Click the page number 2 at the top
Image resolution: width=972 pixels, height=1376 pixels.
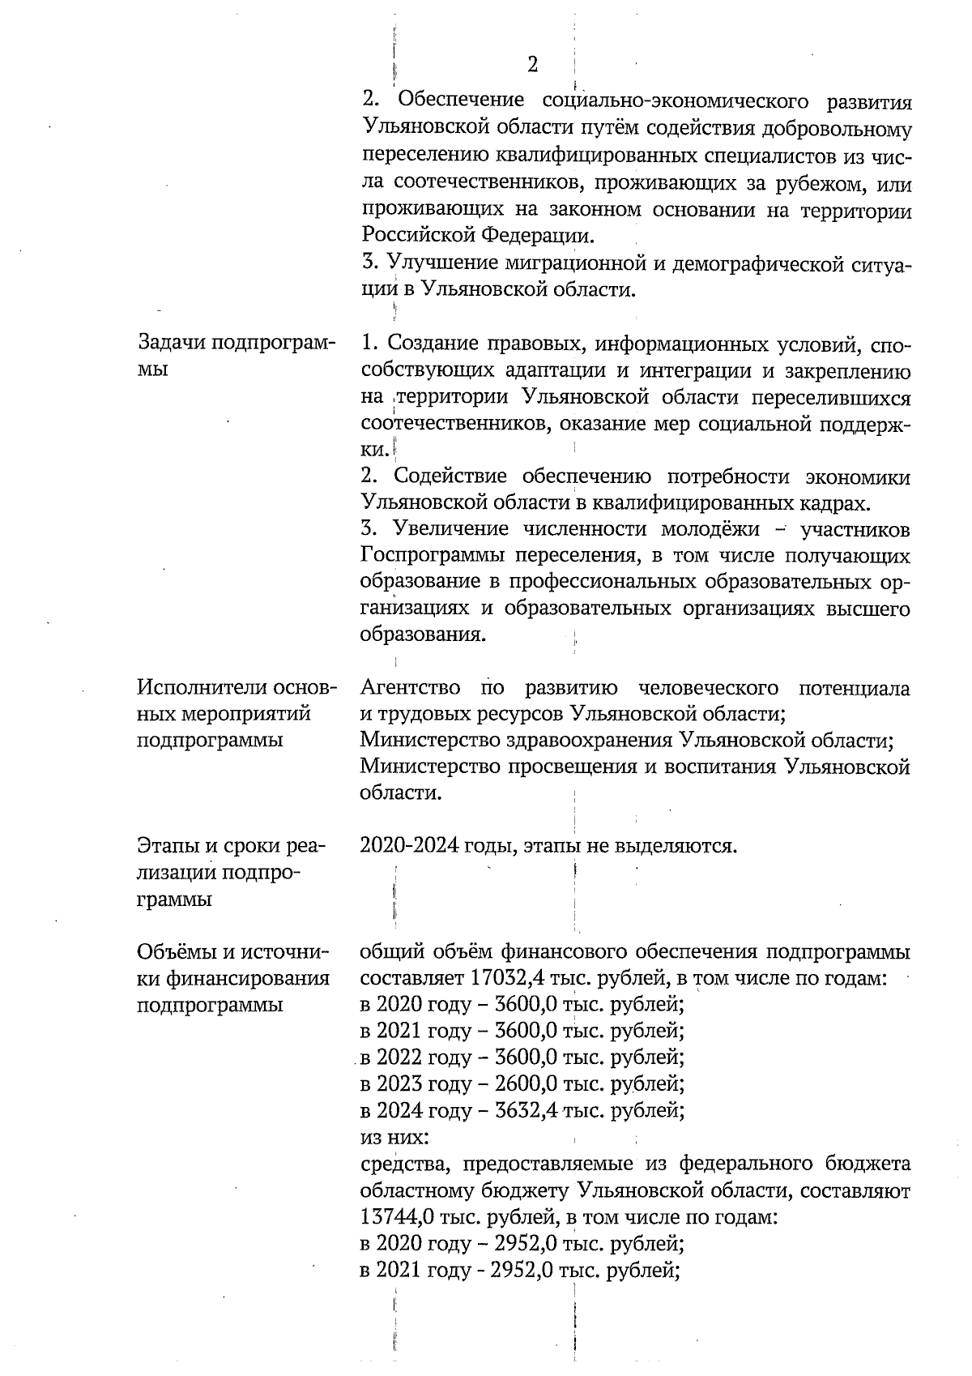[x=532, y=65]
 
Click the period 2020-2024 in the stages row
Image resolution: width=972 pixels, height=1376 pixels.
[x=408, y=847]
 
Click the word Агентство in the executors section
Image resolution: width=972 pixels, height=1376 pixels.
[x=410, y=689]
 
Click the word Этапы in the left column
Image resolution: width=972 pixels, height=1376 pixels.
[x=167, y=847]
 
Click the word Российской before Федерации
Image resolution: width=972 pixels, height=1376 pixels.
[x=418, y=237]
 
